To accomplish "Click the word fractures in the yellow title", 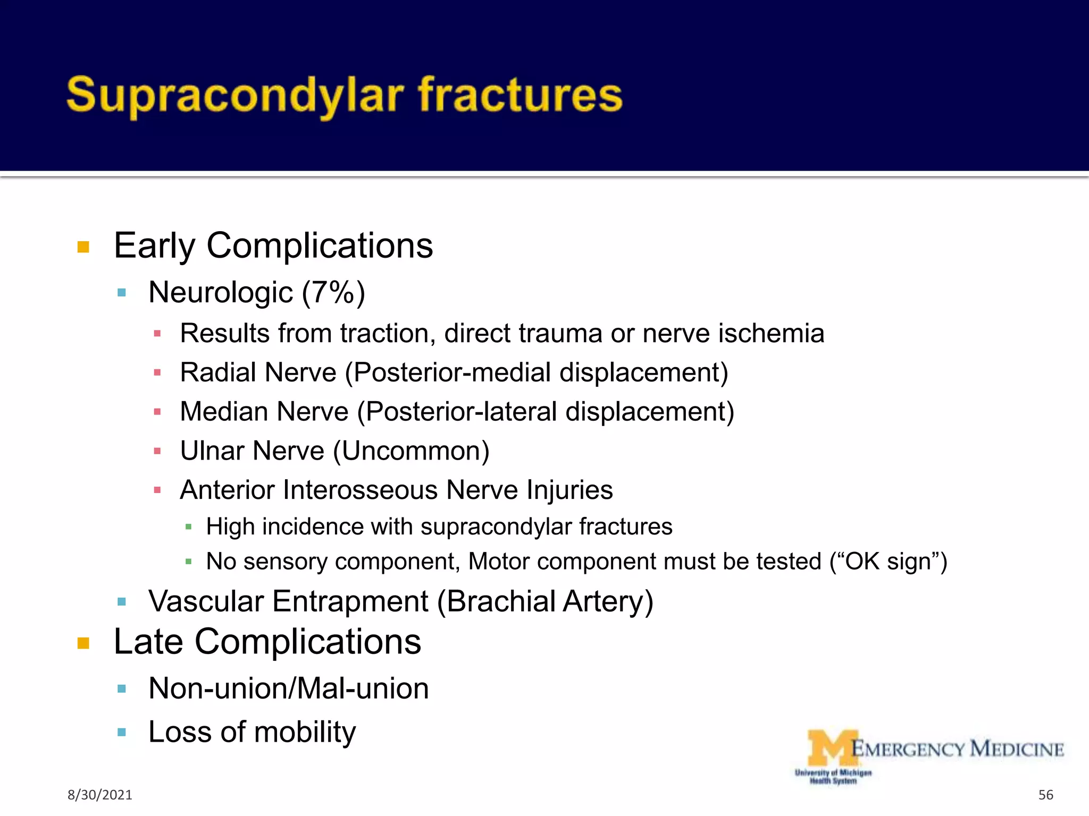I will (520, 96).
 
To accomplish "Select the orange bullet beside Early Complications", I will (83, 247).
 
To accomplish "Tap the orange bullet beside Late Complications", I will (83, 643).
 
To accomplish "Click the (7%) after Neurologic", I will (333, 293).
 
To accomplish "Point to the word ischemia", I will (771, 334).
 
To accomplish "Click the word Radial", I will (218, 372).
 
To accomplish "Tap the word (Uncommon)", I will (411, 451).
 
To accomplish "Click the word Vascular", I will (206, 601).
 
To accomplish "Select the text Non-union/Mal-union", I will (288, 688).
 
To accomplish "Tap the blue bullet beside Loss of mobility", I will (122, 733).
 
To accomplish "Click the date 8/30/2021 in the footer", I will (99, 795).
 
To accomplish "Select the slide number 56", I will (1045, 795).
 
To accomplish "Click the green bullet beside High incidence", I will (188, 527).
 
